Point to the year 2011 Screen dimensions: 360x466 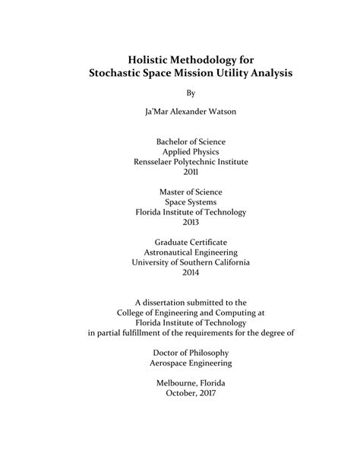(180, 173)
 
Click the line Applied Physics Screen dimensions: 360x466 (180, 151)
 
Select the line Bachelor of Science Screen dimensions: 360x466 (180, 141)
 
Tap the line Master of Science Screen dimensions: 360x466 (180, 192)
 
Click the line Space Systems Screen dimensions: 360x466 (180, 202)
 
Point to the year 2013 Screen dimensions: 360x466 (180, 223)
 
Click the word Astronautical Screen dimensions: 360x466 (163, 252)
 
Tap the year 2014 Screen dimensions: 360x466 (180, 274)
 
